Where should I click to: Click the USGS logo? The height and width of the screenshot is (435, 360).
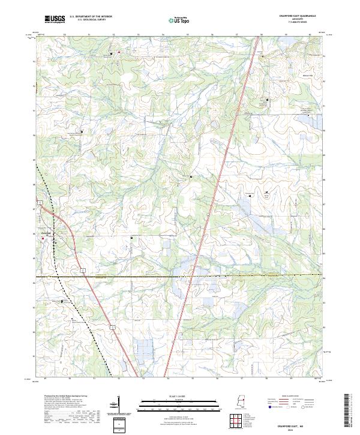(x=55, y=19)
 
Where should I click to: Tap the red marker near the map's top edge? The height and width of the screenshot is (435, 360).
(x=118, y=52)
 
